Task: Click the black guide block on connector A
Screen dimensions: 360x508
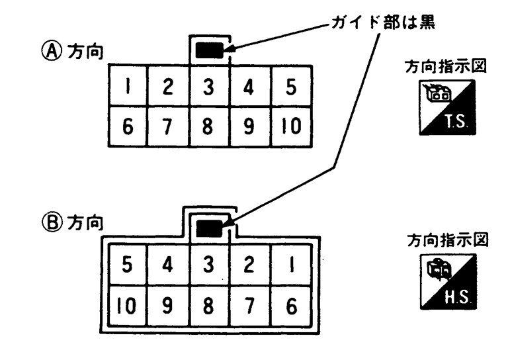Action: [x=209, y=49]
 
